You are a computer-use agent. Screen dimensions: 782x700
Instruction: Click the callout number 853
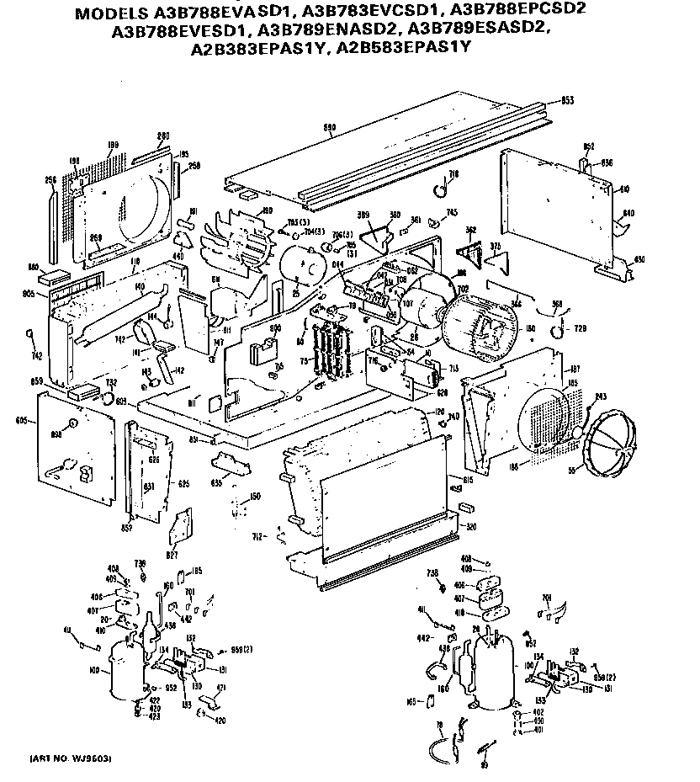coord(567,100)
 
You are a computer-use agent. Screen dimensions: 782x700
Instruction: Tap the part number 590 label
coord(330,128)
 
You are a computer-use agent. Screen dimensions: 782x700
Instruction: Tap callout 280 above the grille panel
coord(163,136)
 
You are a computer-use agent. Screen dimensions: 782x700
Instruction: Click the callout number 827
coord(172,556)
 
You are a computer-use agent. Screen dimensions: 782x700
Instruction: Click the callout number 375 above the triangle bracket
coord(496,246)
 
